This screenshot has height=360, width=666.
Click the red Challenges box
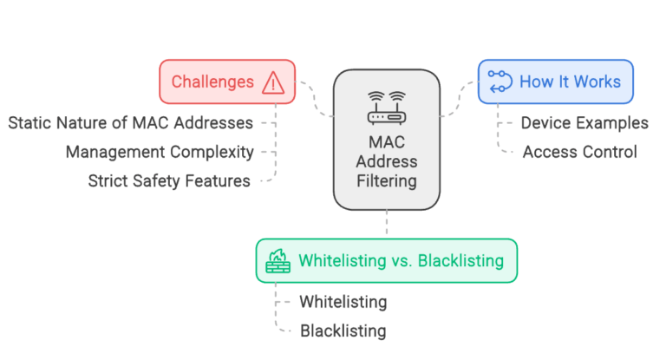227,82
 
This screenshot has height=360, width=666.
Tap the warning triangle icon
274,83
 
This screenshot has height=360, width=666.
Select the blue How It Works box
556,82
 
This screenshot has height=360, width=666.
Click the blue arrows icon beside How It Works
499,82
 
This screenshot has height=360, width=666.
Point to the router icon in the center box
387,108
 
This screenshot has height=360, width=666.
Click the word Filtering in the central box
387,182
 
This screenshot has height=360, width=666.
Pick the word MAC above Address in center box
387,142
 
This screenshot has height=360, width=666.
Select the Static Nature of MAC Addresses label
131,122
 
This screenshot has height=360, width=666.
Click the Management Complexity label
160,152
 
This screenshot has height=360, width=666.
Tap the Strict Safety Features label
169,181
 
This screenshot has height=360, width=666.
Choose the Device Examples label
584,122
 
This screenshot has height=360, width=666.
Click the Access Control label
579,152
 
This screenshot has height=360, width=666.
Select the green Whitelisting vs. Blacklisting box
387,260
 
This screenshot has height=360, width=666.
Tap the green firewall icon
277,260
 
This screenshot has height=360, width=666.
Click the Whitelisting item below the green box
343,302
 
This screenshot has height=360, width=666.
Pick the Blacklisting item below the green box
343,331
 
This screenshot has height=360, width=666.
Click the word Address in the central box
387,162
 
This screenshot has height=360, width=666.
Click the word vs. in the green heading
404,260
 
